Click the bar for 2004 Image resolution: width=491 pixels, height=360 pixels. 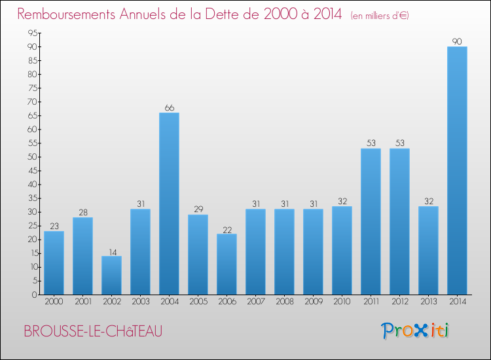[169, 203]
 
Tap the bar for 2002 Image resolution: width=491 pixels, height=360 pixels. [111, 275]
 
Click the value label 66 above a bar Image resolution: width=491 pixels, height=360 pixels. [169, 108]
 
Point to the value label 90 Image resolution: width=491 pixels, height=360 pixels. [457, 42]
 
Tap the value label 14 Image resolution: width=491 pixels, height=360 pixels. [111, 251]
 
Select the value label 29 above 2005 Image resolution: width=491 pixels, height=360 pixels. [198, 209]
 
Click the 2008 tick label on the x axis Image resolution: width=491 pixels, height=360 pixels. [284, 302]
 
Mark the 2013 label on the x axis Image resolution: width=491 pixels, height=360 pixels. [428, 302]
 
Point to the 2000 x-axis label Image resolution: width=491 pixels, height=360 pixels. [54, 302]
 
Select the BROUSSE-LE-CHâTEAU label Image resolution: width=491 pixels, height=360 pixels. [92, 331]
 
